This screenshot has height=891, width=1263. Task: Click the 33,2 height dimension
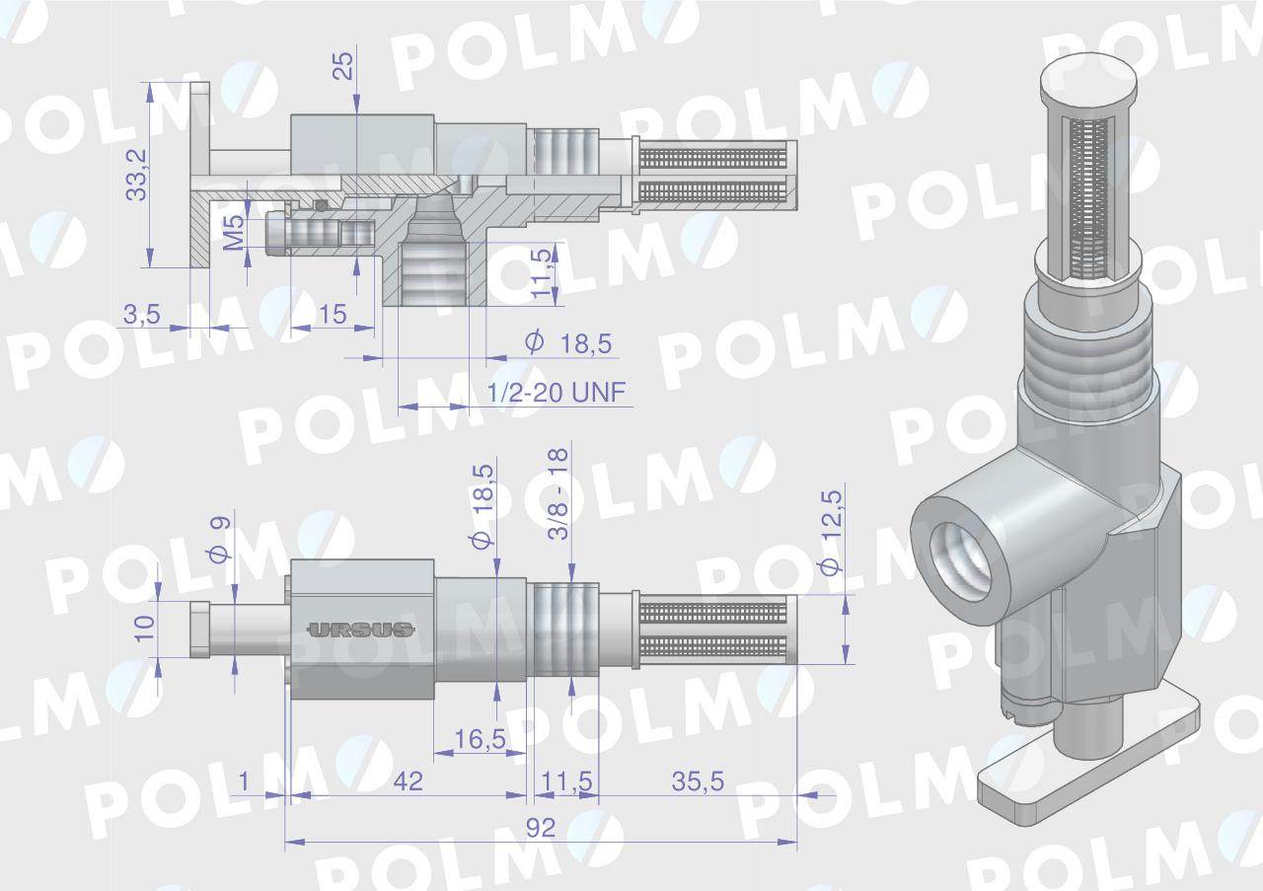pos(136,174)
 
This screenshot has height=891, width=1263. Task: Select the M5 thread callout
pos(234,233)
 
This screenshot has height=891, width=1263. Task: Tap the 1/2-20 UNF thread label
pos(557,393)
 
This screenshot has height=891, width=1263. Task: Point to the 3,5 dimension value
pos(141,315)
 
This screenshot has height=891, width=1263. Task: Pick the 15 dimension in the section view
pos(334,315)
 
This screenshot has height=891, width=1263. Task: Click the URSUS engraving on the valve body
pos(360,630)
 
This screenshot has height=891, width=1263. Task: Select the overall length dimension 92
pos(540,828)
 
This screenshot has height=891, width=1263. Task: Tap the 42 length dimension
pos(408,781)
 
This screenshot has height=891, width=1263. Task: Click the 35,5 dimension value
pos(698,781)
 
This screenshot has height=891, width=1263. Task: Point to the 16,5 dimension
pos(479,738)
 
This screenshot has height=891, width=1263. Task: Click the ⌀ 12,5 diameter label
pos(831,533)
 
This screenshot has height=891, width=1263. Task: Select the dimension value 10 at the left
pos(144,628)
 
